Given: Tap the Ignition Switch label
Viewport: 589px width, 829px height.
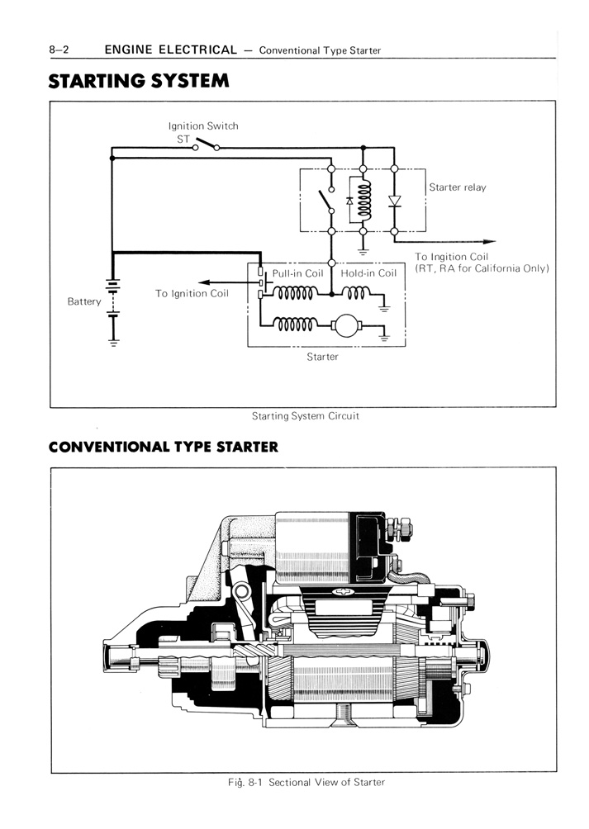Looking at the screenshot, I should tap(203, 126).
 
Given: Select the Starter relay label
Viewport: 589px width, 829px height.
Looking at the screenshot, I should tap(458, 187).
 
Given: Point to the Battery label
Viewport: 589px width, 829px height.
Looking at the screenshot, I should tap(84, 301).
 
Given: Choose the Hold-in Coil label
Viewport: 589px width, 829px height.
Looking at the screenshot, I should tap(368, 273).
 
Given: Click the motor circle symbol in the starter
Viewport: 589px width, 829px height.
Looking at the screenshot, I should tap(341, 326).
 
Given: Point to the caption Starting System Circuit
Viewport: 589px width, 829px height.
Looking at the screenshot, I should tap(305, 416).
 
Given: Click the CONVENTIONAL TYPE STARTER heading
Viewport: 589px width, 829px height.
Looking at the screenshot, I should tap(163, 448).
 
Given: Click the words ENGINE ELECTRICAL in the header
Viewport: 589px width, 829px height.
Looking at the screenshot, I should tap(170, 50).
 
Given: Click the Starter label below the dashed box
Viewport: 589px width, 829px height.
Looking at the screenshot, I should tap(322, 357).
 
